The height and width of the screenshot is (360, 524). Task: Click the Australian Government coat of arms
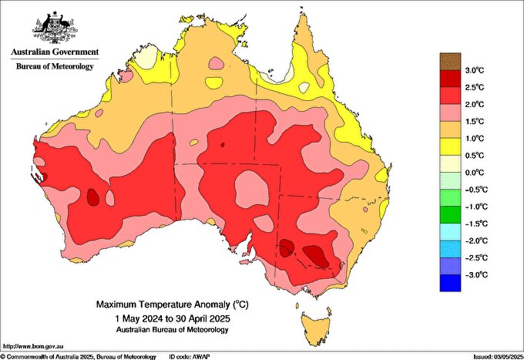pos(54,27)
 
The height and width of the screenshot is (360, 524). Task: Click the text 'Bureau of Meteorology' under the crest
pos(55,67)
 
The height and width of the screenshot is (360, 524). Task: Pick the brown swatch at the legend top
pos(450,61)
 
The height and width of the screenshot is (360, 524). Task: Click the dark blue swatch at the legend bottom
pos(450,283)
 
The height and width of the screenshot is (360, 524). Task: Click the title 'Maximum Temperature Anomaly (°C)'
pos(172,305)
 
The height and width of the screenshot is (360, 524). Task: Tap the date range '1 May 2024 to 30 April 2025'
pos(172,318)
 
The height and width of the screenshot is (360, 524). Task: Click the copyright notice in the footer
pos(77,356)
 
